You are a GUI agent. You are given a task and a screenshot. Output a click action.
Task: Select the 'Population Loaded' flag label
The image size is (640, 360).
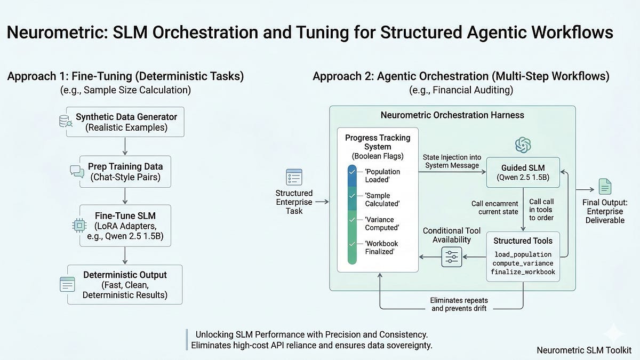tap(383, 177)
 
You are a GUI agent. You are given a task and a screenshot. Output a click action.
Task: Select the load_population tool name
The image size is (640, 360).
tap(523, 254)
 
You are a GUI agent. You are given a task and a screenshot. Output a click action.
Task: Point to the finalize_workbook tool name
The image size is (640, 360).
tap(523, 272)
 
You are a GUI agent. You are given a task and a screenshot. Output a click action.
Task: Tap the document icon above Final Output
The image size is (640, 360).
tap(606, 186)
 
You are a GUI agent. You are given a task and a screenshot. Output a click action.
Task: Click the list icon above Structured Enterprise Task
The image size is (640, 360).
tap(294, 177)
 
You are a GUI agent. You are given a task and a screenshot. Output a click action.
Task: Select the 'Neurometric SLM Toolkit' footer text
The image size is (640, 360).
tap(585, 350)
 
